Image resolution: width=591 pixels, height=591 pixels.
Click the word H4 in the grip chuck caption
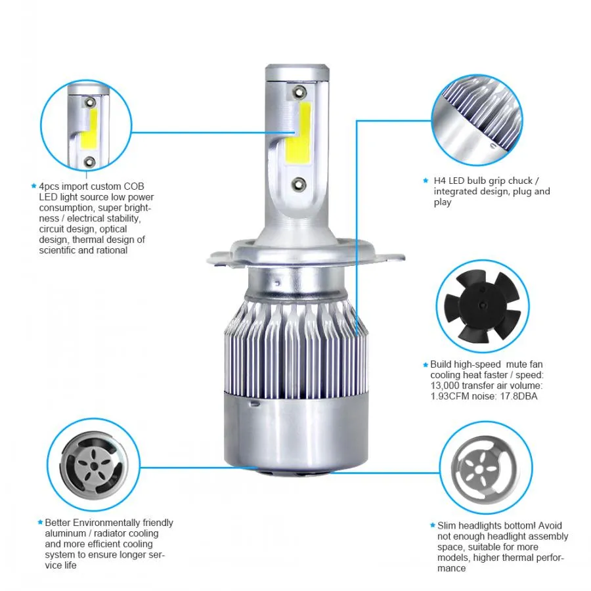pyautogui.click(x=439, y=181)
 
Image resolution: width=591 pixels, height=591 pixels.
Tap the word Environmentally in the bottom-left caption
pyautogui.click(x=104, y=523)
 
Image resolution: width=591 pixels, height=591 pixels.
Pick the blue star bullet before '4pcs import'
pyautogui.click(x=33, y=186)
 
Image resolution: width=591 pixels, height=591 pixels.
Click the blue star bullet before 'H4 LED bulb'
pyautogui.click(x=426, y=181)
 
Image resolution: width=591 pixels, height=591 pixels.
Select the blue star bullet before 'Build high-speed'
pyautogui.click(x=426, y=364)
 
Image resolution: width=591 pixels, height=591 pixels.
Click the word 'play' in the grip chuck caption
pyautogui.click(x=443, y=202)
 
